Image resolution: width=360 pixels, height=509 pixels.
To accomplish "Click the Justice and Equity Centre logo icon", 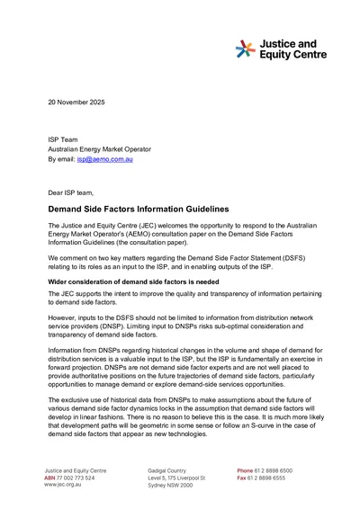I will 246,49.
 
